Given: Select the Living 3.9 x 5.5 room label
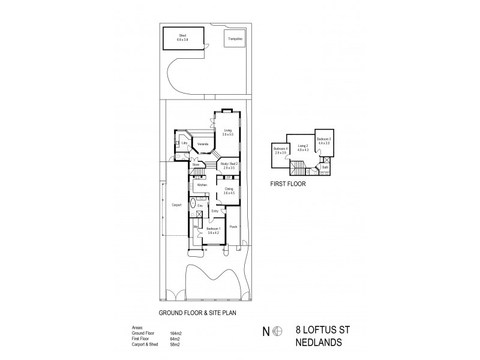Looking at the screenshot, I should click(228, 132).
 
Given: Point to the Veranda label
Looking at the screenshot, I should click(203, 144).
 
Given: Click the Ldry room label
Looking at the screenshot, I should click(185, 143).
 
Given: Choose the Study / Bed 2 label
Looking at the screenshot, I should click(229, 165).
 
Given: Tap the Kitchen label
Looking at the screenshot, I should click(202, 185).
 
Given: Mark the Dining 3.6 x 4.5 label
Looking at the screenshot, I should click(229, 191).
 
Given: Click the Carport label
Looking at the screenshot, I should click(176, 205).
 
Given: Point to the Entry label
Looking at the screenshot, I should click(215, 211).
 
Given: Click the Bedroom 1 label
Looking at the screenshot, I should click(214, 231).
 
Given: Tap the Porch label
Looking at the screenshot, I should click(234, 227).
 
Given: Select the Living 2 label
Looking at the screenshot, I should click(303, 148).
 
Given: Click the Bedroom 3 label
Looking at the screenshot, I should click(325, 141).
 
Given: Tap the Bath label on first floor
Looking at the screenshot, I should click(325, 167).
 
